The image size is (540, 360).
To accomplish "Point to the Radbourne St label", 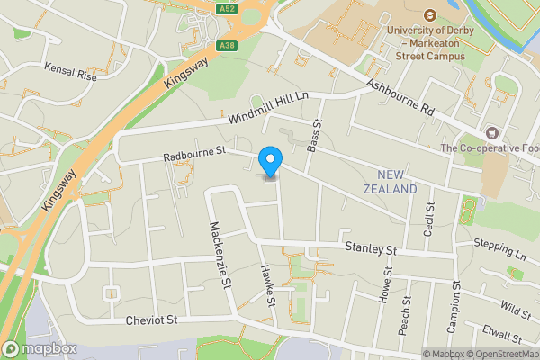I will click(x=193, y=155).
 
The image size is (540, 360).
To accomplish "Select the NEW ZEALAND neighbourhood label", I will click(x=391, y=182).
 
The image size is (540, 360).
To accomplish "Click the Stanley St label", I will click(x=372, y=247).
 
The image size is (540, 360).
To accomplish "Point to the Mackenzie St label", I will click(x=216, y=256).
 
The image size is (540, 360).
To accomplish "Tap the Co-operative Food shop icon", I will click(x=491, y=131).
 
